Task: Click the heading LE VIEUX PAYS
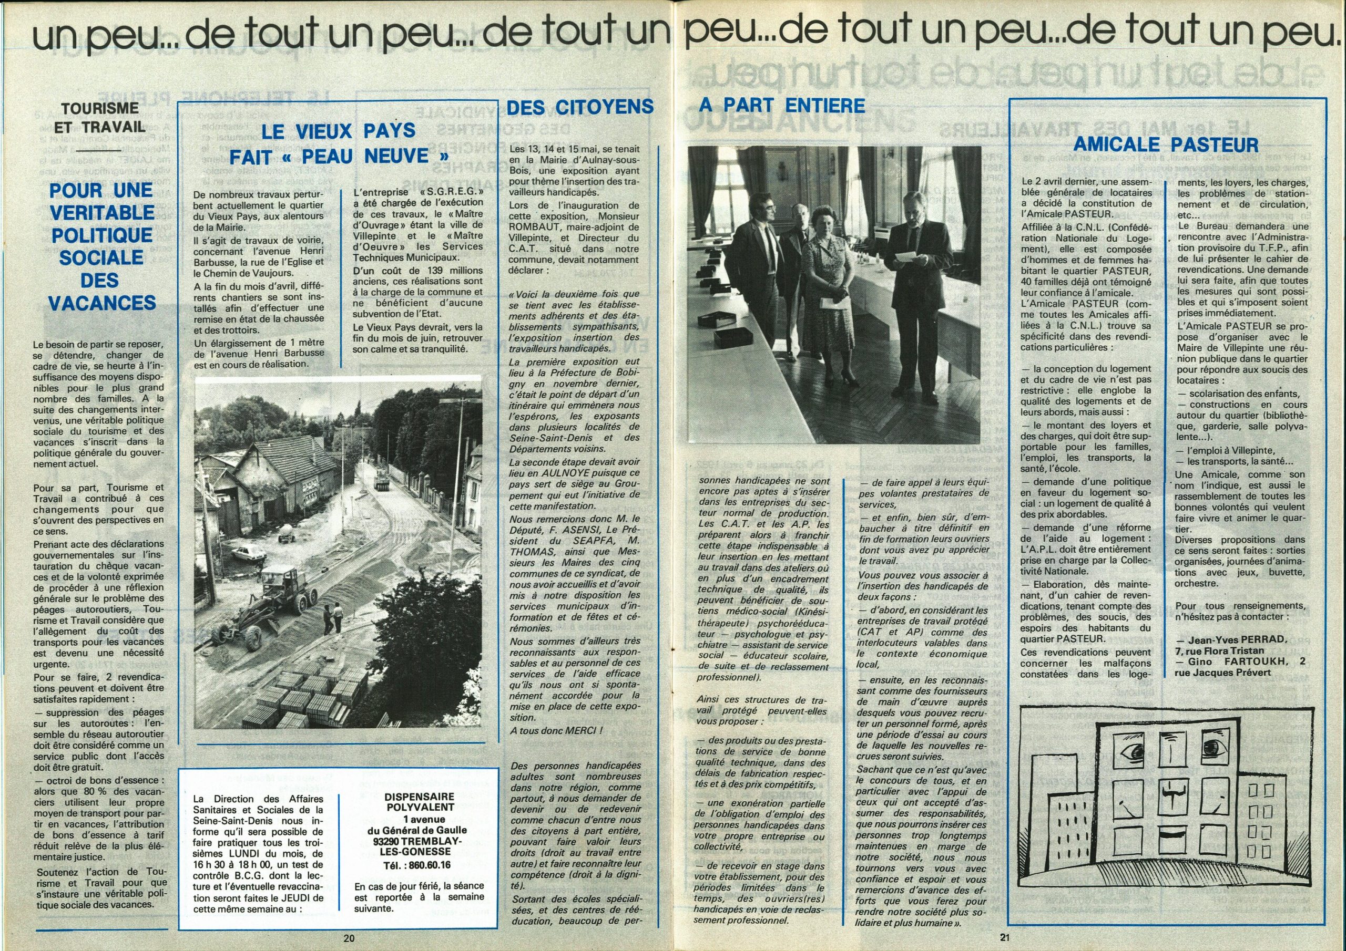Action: click(338, 131)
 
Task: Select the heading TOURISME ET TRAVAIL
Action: click(100, 117)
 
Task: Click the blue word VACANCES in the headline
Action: click(102, 303)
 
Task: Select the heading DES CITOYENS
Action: click(580, 107)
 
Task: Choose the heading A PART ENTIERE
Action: click(782, 106)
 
